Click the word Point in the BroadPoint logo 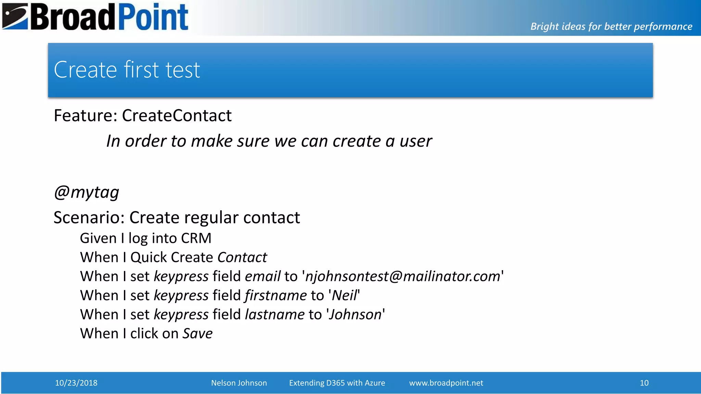pos(153,17)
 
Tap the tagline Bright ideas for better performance pos(611,26)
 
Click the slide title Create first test pos(127,70)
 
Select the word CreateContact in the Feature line pos(177,116)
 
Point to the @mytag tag pos(87,192)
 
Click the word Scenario pos(89,218)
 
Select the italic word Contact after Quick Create pos(242,258)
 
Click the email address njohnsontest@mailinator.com pos(403,276)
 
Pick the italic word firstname pos(276,295)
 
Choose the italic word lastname pos(275,315)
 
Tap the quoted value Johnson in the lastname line pos(355,315)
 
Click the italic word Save pos(197,333)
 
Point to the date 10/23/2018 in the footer pos(76,383)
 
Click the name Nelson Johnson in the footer pos(239,383)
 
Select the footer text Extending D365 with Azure pos(337,383)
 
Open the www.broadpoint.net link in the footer pos(446,383)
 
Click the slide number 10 pos(644,383)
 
